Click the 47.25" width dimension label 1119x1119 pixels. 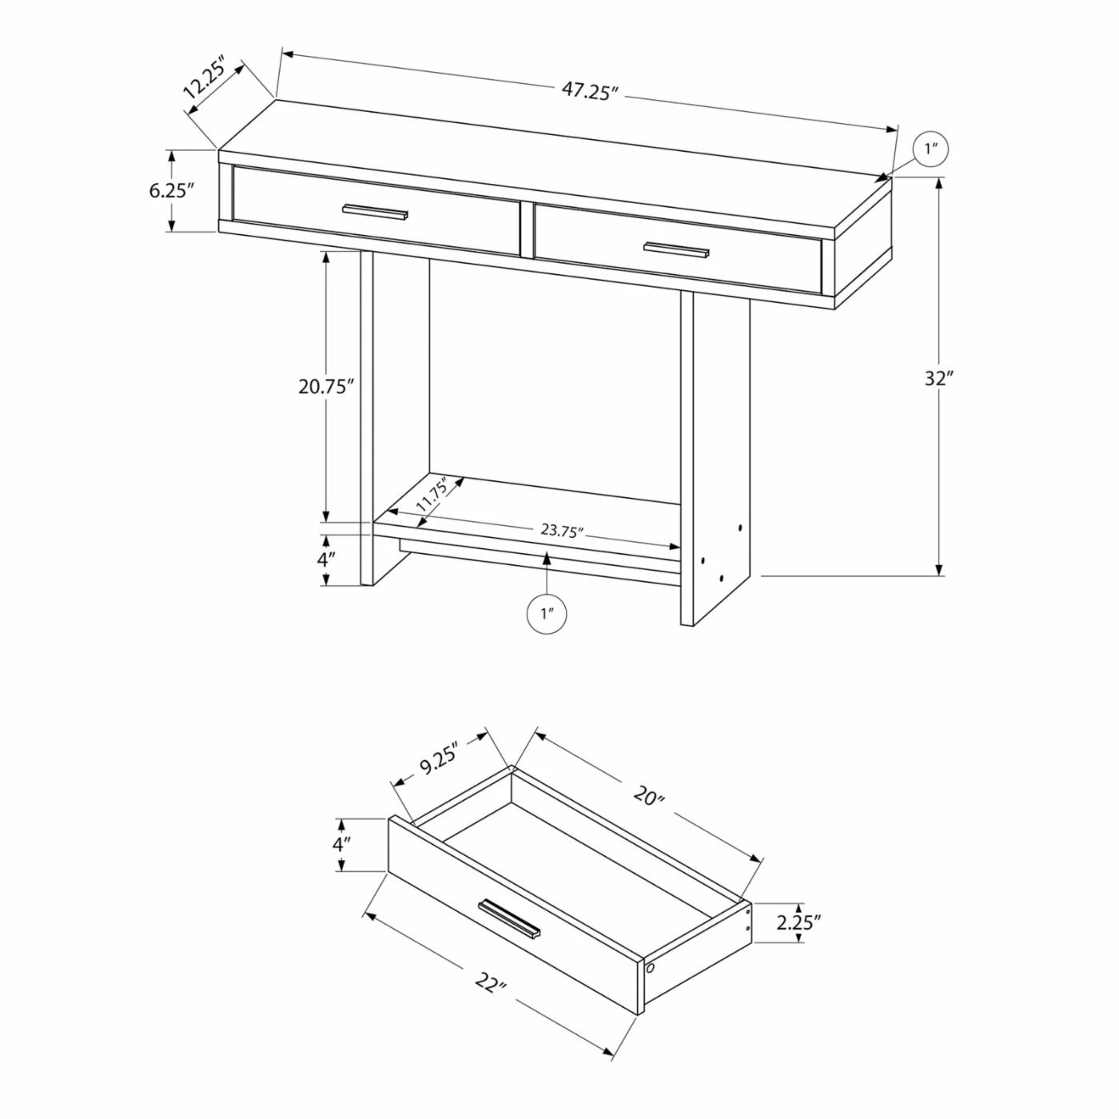coord(590,90)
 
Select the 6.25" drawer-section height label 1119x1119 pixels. coord(172,190)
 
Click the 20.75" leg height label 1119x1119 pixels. coord(325,387)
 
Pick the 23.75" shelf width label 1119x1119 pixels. coord(562,530)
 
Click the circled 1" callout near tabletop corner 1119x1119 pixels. coord(930,149)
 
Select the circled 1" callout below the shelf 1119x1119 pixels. coord(548,614)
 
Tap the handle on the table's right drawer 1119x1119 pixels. coord(676,249)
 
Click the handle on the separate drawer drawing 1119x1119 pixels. coord(509,918)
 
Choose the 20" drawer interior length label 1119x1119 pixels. coord(648,796)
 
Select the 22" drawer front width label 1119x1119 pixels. coord(490,982)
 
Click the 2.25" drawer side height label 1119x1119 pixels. coord(798,923)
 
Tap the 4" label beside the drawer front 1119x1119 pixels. coord(341,844)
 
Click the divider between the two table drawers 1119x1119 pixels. coord(527,229)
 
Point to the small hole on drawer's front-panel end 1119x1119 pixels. coord(650,968)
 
